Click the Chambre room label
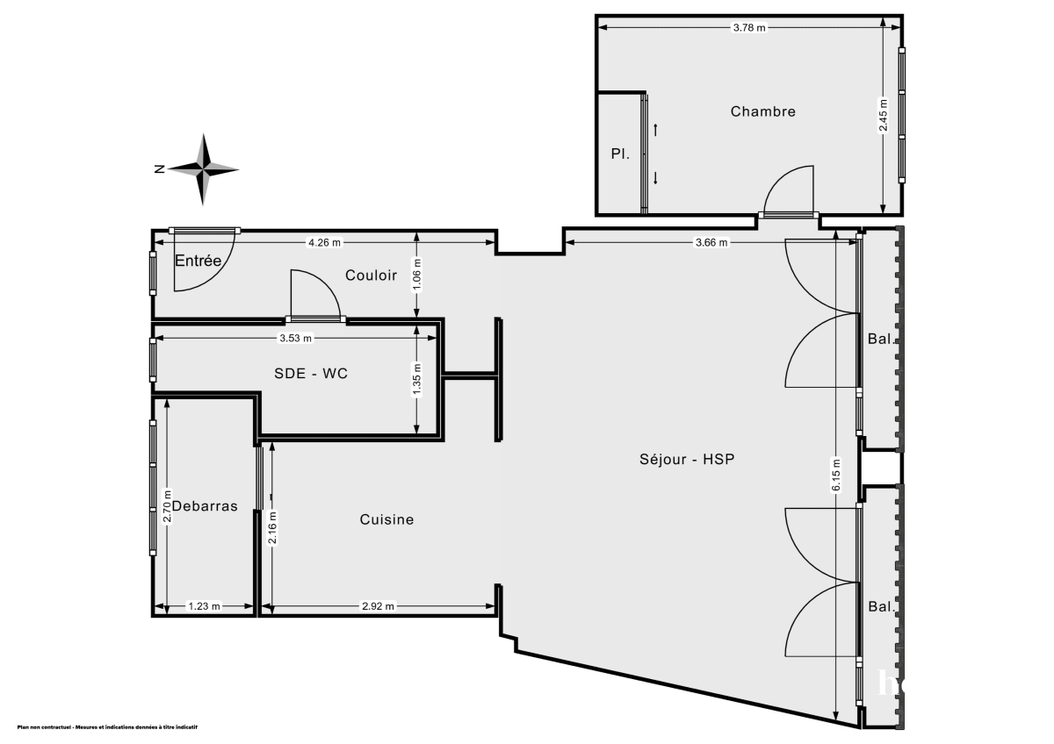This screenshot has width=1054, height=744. click(x=762, y=111)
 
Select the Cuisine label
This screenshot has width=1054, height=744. click(x=386, y=519)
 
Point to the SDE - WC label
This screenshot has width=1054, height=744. click(x=311, y=374)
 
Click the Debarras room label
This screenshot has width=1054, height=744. click(x=205, y=505)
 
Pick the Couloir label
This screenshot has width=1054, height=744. click(x=371, y=275)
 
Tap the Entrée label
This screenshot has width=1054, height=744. click(x=198, y=261)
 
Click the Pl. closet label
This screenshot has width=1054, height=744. click(x=620, y=153)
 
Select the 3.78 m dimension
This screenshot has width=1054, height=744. click(x=749, y=28)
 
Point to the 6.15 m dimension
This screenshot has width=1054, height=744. click(x=836, y=475)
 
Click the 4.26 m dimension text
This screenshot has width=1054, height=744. click(x=324, y=242)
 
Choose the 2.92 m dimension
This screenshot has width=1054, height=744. click(x=379, y=605)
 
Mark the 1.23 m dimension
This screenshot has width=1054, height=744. click(x=205, y=605)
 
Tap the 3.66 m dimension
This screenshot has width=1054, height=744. click(x=711, y=243)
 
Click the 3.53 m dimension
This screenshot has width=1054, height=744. click(x=295, y=337)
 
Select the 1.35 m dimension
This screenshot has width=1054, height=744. click(x=417, y=380)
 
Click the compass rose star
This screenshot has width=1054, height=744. click(x=204, y=169)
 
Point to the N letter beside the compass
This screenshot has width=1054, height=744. click(x=159, y=169)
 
